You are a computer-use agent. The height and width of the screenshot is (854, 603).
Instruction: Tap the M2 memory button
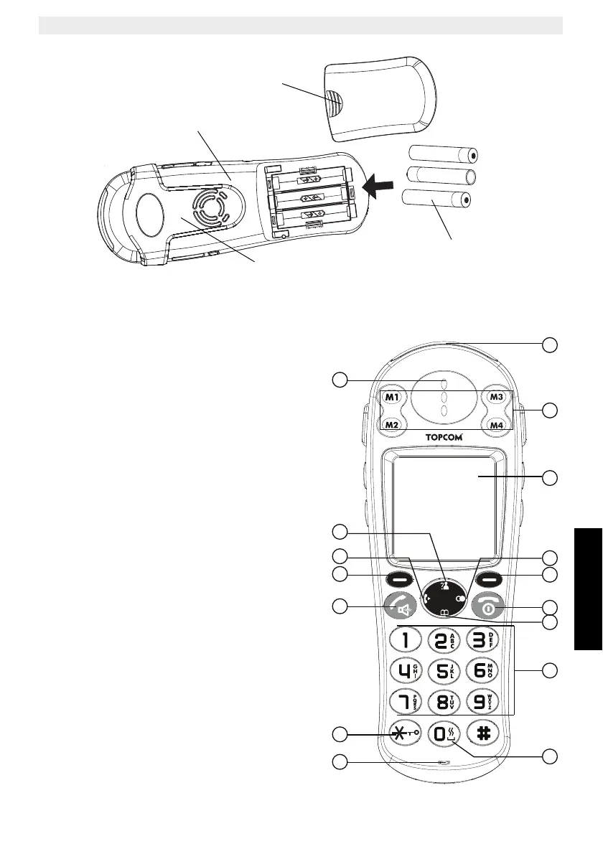[x=391, y=425]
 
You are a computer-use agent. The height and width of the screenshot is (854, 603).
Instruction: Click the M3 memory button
[x=497, y=396]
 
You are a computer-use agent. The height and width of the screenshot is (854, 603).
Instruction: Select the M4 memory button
[x=497, y=425]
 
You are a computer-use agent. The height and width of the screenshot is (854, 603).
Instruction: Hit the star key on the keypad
[x=406, y=733]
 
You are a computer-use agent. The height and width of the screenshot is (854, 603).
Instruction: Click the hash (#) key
[x=483, y=733]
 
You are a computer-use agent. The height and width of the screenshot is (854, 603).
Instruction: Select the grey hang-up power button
[x=489, y=607]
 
